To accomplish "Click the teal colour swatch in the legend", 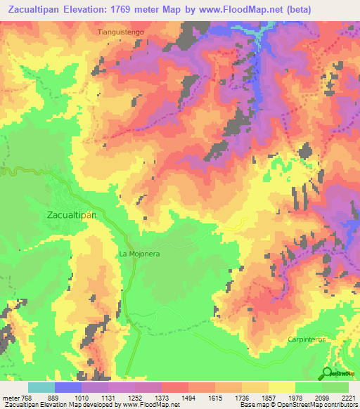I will coord(41,387).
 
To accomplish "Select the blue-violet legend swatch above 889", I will coord(68,387).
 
